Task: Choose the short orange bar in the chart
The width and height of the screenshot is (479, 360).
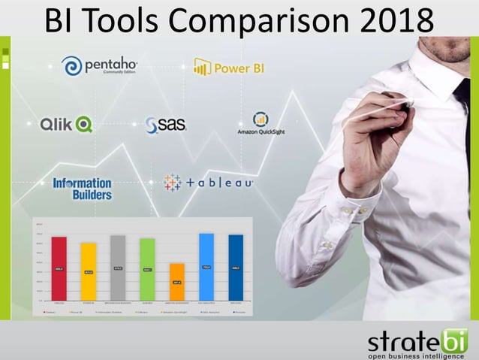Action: coord(177,281)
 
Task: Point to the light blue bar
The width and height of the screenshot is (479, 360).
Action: coord(206,266)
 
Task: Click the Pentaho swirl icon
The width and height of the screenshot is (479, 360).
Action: coord(72,66)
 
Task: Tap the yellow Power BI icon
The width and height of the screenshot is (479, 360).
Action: coord(202,67)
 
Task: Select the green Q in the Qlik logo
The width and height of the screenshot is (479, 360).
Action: coord(84,124)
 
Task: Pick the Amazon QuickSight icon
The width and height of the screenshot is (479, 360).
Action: coord(261,119)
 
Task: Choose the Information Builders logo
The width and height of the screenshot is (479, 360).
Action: coord(82,188)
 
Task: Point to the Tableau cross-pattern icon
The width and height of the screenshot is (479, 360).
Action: coord(173,183)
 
